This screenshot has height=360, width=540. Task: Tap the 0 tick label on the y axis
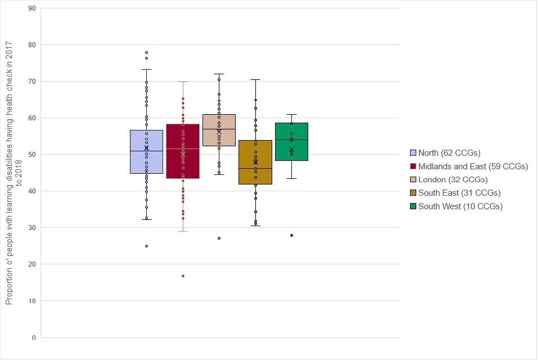coord(33,337)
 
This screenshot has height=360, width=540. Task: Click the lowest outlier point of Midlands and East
coord(183,276)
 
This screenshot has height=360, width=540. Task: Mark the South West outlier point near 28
coord(291,235)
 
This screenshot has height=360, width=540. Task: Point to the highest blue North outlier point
coord(147,52)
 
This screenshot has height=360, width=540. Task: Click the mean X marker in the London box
coord(219,131)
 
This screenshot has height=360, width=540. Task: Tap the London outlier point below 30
coord(219,238)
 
